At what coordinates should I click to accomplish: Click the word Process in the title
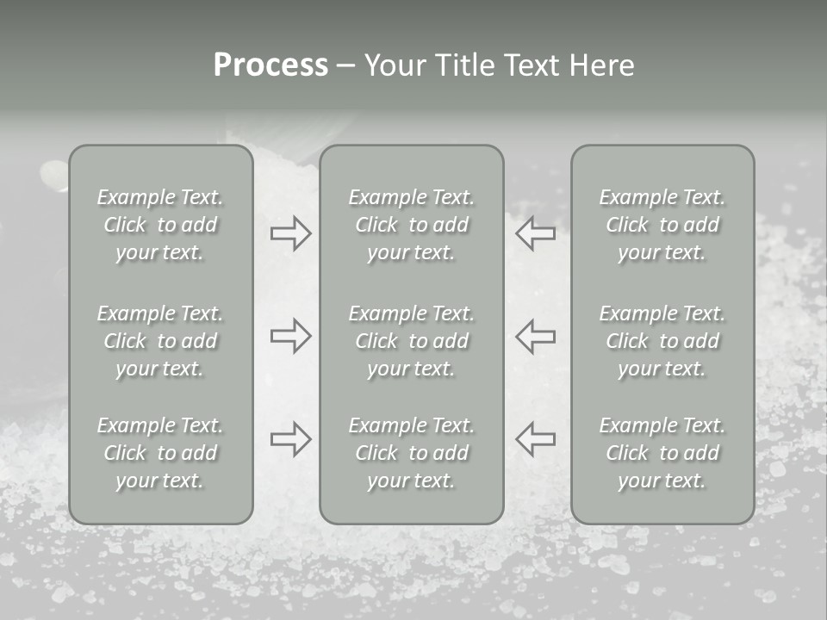point(270,65)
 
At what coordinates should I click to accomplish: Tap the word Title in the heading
point(463,65)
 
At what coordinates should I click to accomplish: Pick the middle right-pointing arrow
point(290,336)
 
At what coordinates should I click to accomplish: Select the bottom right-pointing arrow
point(290,439)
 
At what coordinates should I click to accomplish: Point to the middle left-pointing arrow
point(536,336)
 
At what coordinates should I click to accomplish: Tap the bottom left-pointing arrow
point(536,439)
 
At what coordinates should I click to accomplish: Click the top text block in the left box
point(160,225)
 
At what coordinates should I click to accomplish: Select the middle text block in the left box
point(160,341)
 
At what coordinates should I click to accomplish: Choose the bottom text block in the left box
point(160,453)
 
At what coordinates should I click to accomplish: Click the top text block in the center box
point(412,225)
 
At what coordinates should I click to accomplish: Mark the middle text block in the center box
point(412,341)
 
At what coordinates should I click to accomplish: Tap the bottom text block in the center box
point(412,453)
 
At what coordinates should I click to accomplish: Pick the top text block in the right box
point(662,225)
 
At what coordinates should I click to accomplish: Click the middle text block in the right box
point(662,341)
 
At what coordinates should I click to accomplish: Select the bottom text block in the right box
point(662,453)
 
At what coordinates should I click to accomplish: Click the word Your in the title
point(393,65)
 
